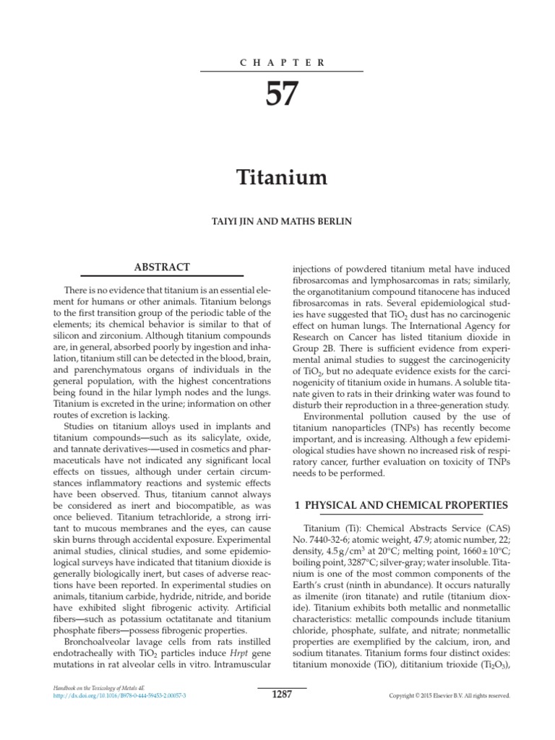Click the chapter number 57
pos(282,95)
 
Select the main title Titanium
pos(282,177)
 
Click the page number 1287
pos(282,694)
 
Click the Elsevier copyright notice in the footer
pos(449,696)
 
